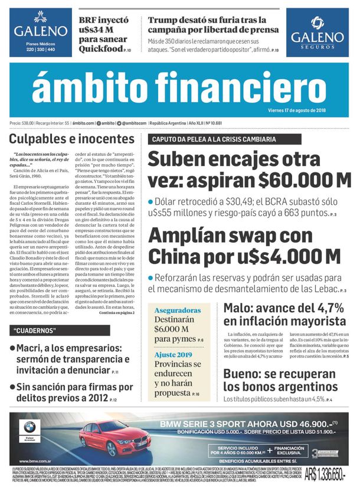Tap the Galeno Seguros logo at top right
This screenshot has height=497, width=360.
click(317, 32)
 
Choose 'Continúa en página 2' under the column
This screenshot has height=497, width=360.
click(116, 313)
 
